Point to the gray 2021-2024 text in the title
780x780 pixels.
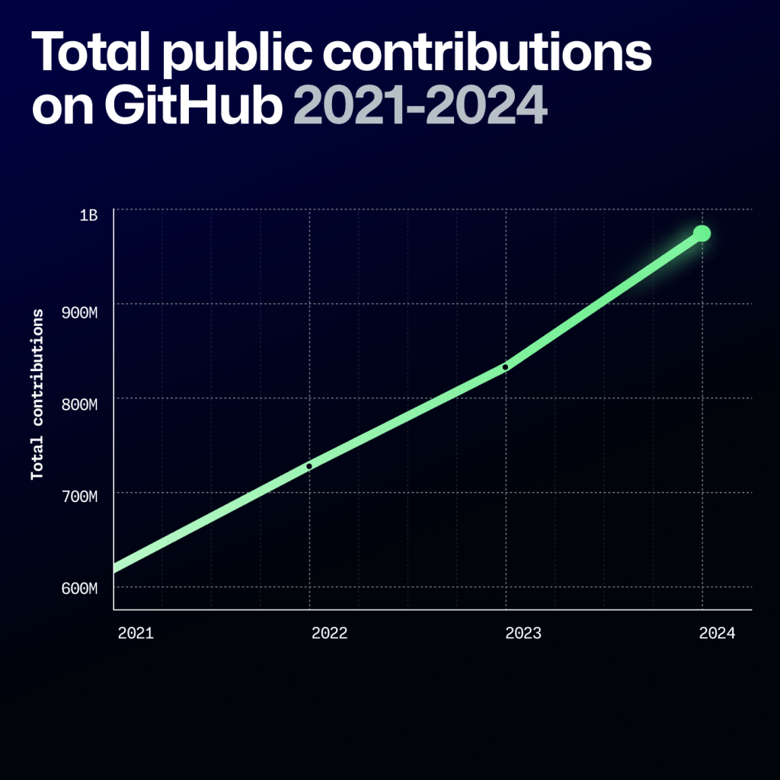pyautogui.click(x=420, y=107)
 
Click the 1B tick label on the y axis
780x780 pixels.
pyautogui.click(x=89, y=216)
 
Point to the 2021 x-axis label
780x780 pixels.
pyautogui.click(x=136, y=633)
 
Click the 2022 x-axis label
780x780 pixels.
pyautogui.click(x=329, y=633)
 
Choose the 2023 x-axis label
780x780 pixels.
pyautogui.click(x=523, y=633)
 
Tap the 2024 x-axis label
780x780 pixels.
pyautogui.click(x=717, y=633)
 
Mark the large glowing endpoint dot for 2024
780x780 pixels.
pyautogui.click(x=702, y=233)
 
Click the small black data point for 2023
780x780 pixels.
pyautogui.click(x=505, y=367)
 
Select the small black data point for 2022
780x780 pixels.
pyautogui.click(x=308, y=465)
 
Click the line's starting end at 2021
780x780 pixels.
pyautogui.click(x=117, y=567)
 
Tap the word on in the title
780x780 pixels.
pyautogui.click(x=62, y=107)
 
